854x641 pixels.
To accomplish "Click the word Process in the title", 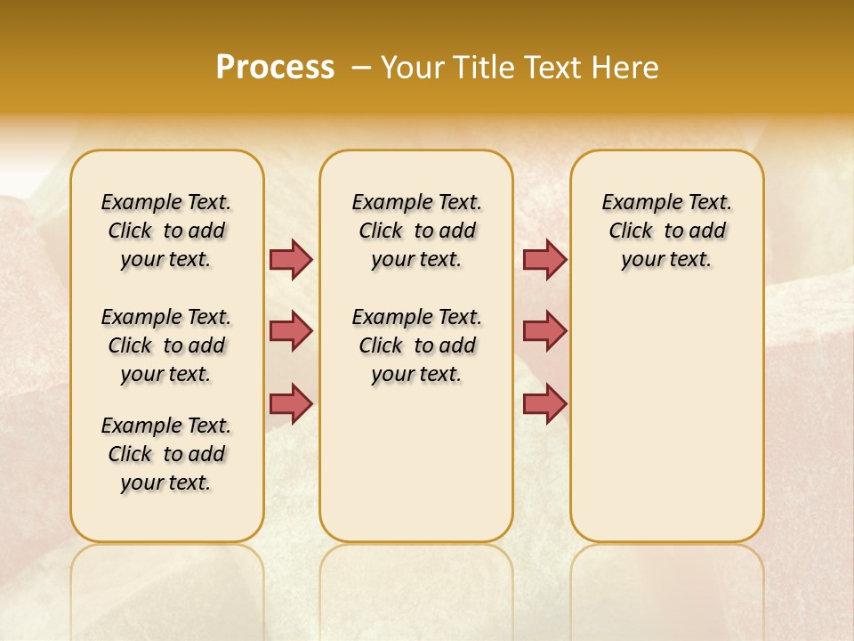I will [275, 67].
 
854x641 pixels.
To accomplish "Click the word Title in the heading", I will [487, 67].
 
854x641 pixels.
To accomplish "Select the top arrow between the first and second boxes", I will [291, 259].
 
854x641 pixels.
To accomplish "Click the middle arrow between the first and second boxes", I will [291, 331].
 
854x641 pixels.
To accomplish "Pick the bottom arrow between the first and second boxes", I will [291, 404].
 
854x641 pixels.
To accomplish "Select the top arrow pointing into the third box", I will [544, 259].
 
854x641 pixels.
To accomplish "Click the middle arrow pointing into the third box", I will [544, 331].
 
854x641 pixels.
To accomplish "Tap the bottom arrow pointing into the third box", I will [544, 404].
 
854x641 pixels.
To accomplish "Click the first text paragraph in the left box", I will [166, 231].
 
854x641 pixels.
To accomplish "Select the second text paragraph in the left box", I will [166, 345].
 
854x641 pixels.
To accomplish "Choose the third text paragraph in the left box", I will [166, 454].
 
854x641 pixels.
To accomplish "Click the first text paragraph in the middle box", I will [416, 231].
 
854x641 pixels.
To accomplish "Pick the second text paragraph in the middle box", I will [416, 345].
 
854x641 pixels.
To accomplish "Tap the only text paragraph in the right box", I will [666, 231].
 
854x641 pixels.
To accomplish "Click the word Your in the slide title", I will [414, 67].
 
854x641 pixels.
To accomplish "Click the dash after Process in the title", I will [361, 67].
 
